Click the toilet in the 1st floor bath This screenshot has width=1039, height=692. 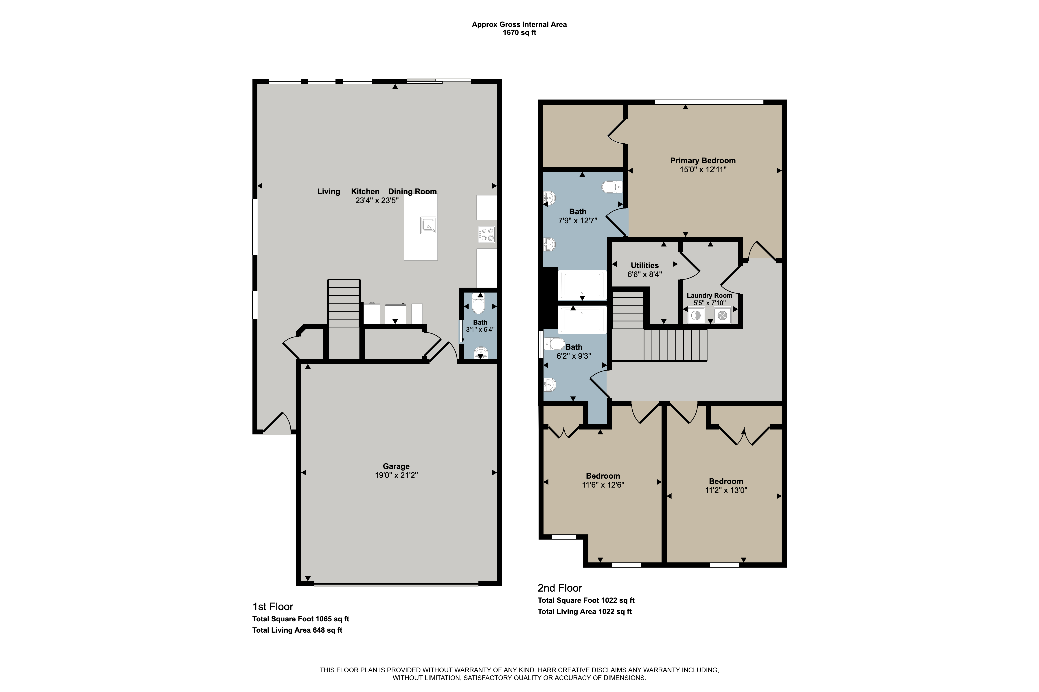click(x=478, y=303)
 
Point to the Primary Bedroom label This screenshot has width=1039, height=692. click(x=703, y=161)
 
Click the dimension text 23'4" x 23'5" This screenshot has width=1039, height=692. click(x=377, y=200)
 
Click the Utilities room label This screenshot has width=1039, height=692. click(x=644, y=265)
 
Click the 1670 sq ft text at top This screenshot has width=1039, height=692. click(x=519, y=33)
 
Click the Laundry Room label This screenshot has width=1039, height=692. click(x=709, y=295)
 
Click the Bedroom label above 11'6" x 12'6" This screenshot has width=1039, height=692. click(x=603, y=476)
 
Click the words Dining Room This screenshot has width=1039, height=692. click(x=413, y=191)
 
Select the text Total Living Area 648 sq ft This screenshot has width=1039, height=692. click(x=297, y=630)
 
